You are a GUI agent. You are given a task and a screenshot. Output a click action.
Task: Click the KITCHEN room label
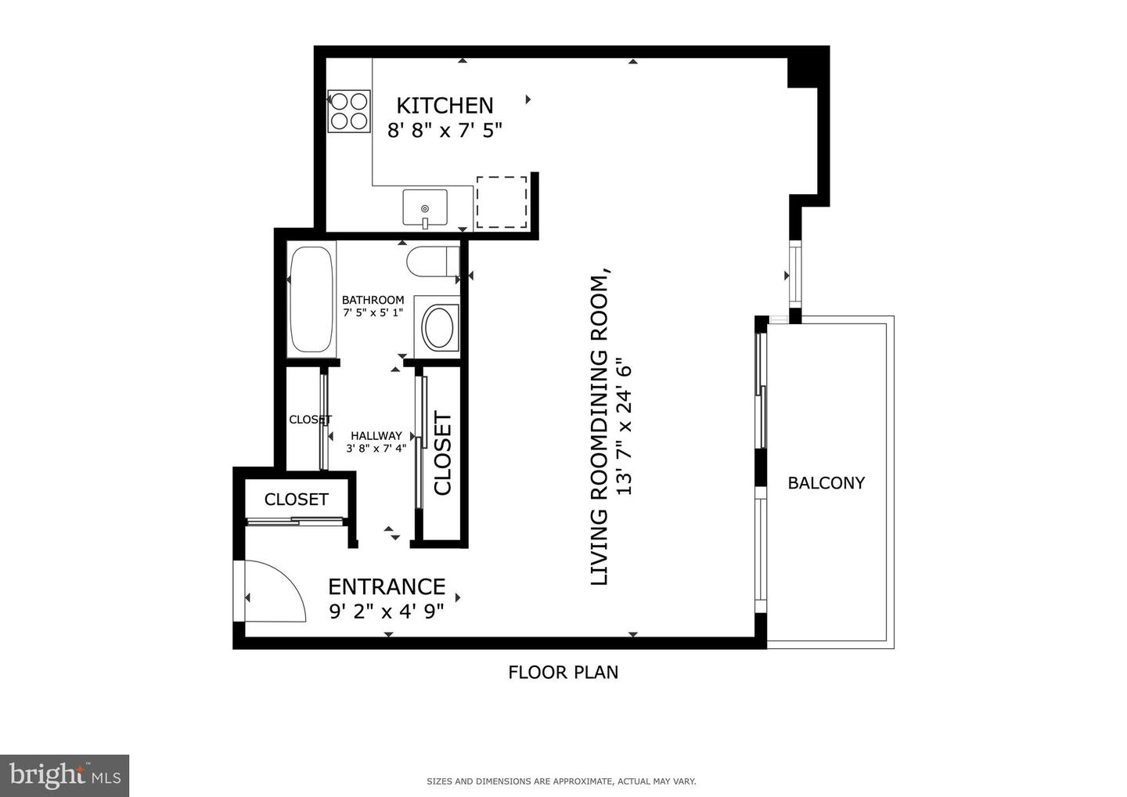pos(445,106)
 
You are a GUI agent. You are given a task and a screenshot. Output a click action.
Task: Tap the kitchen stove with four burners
pos(349,110)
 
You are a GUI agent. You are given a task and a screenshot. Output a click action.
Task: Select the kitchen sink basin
pos(425,207)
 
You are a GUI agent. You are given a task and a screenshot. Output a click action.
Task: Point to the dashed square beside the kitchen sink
pos(502,202)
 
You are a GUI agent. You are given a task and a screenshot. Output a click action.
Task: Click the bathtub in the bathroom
pos(312,300)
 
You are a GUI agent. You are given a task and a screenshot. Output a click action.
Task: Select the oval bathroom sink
pos(438,327)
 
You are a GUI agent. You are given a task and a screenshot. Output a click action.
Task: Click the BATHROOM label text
pos(373,300)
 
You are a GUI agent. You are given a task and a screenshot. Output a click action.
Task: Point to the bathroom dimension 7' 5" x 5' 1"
pos(373,312)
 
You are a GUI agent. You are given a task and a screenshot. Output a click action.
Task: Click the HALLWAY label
pos(376,436)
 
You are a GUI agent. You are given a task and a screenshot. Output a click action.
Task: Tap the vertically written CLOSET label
pos(443,453)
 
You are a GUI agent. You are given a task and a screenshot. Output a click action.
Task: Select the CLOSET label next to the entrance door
pos(296,499)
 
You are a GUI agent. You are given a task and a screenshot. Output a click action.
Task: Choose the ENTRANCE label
pos(387,586)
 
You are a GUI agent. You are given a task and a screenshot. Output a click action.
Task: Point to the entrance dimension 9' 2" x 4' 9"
pos(387,611)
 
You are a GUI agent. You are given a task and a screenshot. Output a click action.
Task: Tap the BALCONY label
pos(826,483)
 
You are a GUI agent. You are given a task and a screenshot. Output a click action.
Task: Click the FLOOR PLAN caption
pos(563,672)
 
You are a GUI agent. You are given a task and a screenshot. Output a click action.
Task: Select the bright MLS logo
pos(64,775)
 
